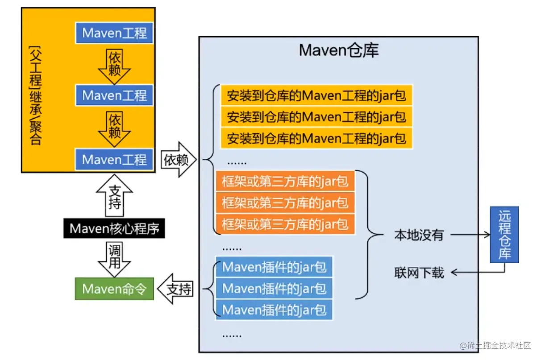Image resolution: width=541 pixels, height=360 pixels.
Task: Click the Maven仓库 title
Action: [339, 50]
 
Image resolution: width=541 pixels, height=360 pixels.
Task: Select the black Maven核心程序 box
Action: [114, 229]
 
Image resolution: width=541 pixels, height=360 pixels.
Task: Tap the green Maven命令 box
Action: [114, 289]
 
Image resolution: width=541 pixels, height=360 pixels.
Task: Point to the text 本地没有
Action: [418, 235]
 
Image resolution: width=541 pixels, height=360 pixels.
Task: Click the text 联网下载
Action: [419, 273]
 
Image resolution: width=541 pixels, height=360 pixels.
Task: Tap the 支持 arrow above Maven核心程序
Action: [114, 199]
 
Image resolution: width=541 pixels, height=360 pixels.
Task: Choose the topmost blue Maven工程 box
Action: [114, 33]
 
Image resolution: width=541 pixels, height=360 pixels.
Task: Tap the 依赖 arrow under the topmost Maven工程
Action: [114, 65]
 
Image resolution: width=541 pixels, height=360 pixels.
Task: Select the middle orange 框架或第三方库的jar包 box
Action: [285, 203]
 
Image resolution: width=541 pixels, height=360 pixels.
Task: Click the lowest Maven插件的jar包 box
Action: [274, 309]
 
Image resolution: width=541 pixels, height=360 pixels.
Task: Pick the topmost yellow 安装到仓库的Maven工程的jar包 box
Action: [316, 95]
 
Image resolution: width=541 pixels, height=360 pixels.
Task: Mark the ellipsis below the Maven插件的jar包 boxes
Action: [232, 334]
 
